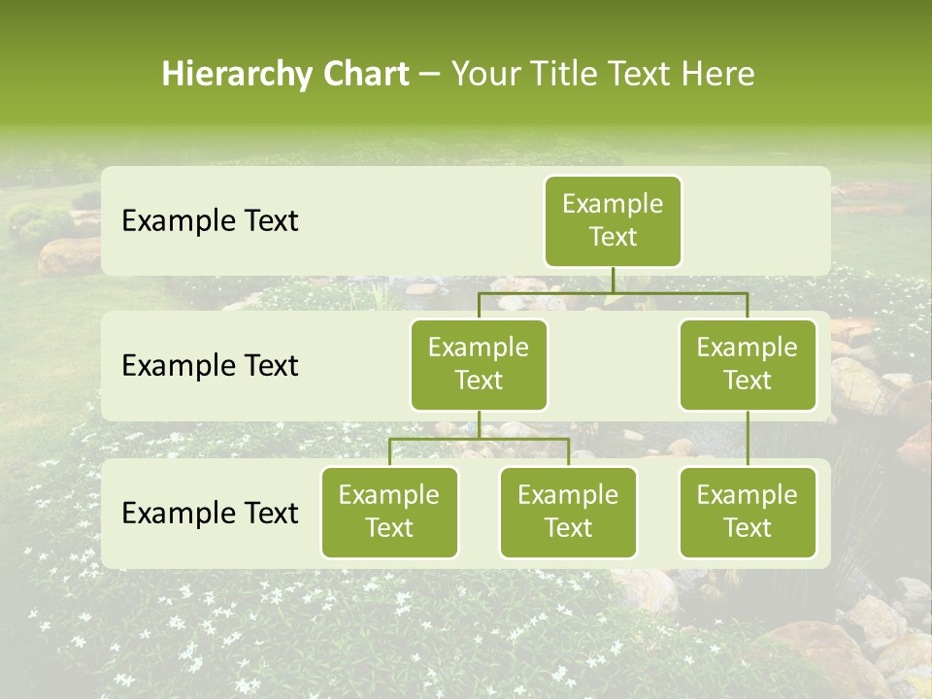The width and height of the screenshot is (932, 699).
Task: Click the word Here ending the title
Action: coord(718,75)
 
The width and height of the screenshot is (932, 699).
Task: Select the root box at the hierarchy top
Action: coord(613,220)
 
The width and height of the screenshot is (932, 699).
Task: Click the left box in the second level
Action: coord(479,364)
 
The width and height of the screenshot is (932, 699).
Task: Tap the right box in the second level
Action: coord(748,364)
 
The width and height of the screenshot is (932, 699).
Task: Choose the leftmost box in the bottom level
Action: coord(389,512)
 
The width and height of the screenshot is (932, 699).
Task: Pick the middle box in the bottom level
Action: coord(568,512)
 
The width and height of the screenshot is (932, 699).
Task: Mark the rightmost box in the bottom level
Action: coord(748,512)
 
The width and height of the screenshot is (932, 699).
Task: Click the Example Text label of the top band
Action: coord(210,221)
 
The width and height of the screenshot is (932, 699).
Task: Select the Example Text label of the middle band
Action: coord(210,366)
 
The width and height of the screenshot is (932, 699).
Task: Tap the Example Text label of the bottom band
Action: coord(210,513)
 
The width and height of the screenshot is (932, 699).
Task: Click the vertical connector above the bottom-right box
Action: coord(748,439)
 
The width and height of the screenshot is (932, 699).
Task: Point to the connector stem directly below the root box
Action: coord(613,280)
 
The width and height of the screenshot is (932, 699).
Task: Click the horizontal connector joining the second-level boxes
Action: coord(613,292)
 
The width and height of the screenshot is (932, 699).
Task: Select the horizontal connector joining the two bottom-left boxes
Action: coord(479,439)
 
